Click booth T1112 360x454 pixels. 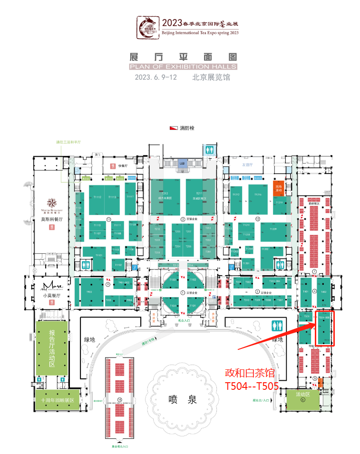tap(97, 198)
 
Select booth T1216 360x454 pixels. tap(258, 195)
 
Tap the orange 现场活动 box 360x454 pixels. tap(279, 189)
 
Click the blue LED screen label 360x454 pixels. tap(181, 164)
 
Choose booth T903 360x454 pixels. tap(88, 291)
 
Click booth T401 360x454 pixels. tap(306, 291)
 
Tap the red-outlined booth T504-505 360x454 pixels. tap(323, 328)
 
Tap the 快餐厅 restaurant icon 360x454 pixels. tap(113, 166)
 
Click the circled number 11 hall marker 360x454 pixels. tap(108, 220)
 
